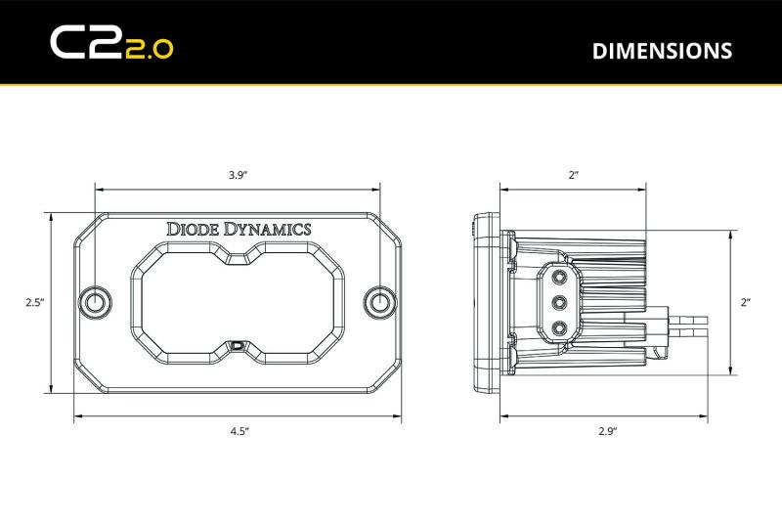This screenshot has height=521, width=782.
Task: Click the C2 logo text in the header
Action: (x=85, y=42)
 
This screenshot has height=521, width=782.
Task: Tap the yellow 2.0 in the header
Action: (x=149, y=49)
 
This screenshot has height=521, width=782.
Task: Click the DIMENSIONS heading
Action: (x=662, y=50)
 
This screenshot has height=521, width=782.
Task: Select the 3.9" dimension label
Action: (x=238, y=175)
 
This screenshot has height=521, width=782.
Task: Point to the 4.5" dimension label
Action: (x=238, y=430)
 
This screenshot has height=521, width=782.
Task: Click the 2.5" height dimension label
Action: (x=35, y=303)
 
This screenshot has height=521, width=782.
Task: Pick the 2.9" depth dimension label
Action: (x=606, y=430)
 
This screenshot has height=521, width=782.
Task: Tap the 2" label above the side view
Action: (x=573, y=175)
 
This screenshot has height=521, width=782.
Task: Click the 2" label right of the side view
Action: (x=745, y=303)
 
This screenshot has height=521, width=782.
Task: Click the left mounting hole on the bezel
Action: (x=96, y=302)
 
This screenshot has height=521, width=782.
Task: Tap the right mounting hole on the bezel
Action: (x=378, y=302)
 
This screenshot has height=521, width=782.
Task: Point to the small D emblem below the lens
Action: (x=238, y=345)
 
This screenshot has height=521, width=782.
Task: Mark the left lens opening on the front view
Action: (x=181, y=302)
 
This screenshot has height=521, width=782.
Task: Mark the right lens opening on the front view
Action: (x=293, y=302)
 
